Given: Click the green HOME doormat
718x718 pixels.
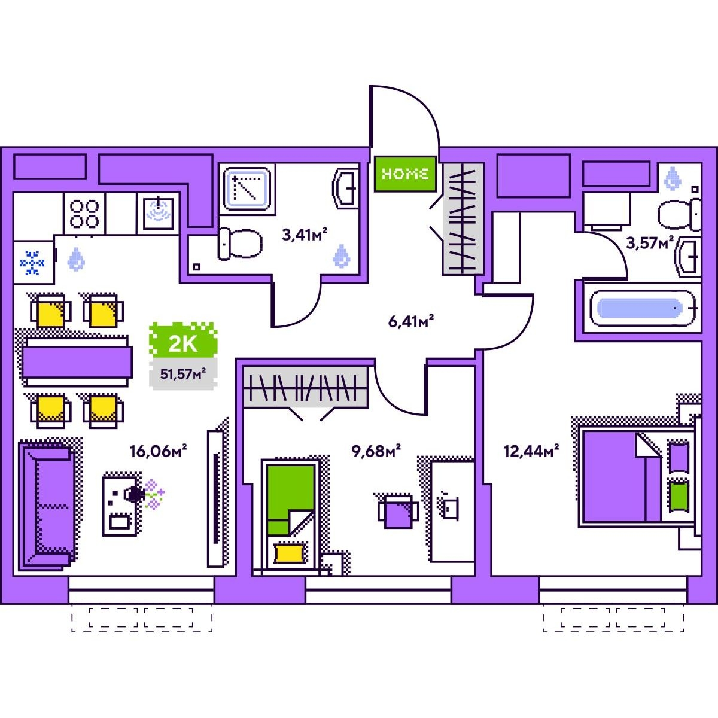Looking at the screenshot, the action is pos(405,174).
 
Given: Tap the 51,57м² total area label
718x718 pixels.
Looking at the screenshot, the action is pos(183,374).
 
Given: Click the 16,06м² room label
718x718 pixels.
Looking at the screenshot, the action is pos(158,451).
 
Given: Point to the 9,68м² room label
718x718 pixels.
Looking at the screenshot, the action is pos(376,451).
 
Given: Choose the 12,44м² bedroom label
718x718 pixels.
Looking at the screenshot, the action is pos(531,451).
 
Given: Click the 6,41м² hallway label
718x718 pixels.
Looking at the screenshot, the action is pos(411,321).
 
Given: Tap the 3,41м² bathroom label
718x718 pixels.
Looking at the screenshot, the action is pos(305,235).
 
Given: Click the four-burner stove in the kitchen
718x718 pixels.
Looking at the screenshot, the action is pos(84,214).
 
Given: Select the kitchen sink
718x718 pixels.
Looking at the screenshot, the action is pos(159,214).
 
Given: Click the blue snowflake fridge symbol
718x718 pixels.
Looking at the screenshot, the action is pos(32,263).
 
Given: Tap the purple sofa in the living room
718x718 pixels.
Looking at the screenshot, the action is pos(48,506).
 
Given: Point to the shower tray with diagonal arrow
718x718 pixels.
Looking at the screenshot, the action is pos(247,188).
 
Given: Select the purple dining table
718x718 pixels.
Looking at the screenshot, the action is pos(77,362).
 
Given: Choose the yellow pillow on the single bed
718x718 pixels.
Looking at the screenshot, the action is pos(289,553).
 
